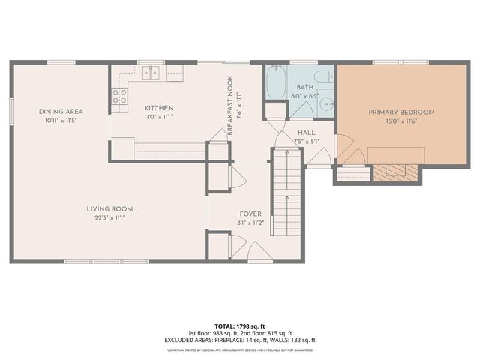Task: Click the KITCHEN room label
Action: pyautogui.click(x=159, y=108)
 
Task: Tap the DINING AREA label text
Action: pyautogui.click(x=61, y=112)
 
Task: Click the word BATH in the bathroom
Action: pyautogui.click(x=304, y=88)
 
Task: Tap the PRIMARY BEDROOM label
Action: pyautogui.click(x=401, y=112)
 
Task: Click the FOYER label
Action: pyautogui.click(x=250, y=214)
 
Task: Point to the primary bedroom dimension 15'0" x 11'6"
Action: pyautogui.click(x=401, y=121)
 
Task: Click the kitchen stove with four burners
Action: pyautogui.click(x=119, y=95)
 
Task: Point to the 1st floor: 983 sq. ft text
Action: pyautogui.click(x=212, y=333)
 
